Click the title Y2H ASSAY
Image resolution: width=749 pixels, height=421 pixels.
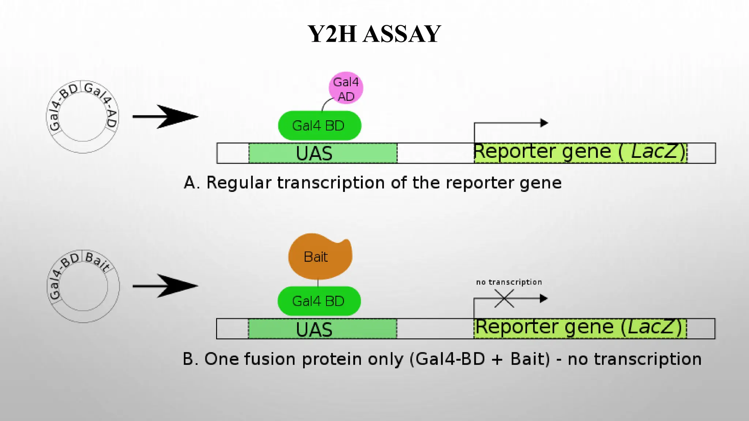pos(374,34)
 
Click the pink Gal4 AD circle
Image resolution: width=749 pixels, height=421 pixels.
pos(346,88)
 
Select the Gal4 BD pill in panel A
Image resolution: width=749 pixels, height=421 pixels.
pos(319,126)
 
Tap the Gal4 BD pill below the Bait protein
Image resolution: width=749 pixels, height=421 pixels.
pos(319,301)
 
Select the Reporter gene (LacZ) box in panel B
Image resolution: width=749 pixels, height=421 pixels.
pos(580,328)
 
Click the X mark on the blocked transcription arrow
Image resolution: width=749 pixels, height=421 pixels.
pos(504,298)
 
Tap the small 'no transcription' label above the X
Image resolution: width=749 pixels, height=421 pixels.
pos(509,282)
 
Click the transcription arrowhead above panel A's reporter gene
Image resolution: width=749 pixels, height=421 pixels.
pos(544,123)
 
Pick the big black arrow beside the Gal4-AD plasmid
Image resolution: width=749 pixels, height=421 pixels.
pos(165,117)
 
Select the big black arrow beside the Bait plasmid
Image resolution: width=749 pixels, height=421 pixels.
pos(165,286)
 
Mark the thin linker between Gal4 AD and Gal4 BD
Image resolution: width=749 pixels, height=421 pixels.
pos(325,103)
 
